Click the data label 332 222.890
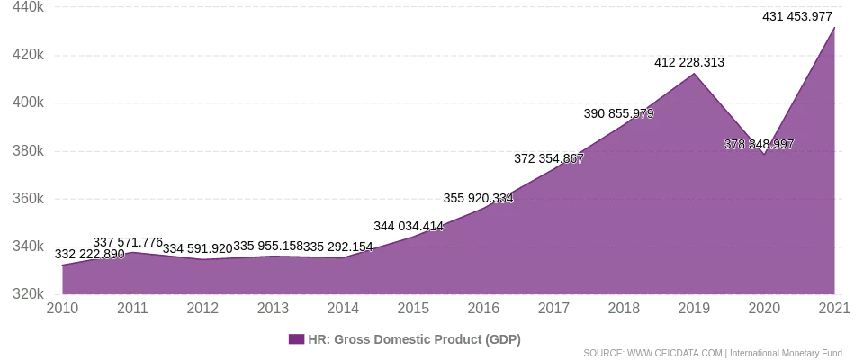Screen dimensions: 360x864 pyautogui.click(x=90, y=255)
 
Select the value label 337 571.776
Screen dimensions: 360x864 pyautogui.click(x=129, y=242)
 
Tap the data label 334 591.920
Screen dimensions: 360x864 pyautogui.click(x=198, y=249)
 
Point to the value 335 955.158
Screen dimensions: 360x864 pyautogui.click(x=268, y=246)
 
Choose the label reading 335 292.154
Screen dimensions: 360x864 pyautogui.click(x=338, y=246)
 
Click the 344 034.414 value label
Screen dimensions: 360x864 pyautogui.click(x=409, y=226)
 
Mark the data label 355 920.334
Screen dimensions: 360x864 pyautogui.click(x=478, y=198)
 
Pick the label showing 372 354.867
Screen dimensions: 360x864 pyautogui.click(x=549, y=159)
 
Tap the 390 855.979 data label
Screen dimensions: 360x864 pyautogui.click(x=619, y=114)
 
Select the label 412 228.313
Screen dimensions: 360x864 pyautogui.click(x=689, y=63)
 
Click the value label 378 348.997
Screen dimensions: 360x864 pyautogui.click(x=760, y=144)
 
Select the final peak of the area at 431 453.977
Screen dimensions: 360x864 pyautogui.click(x=833, y=29)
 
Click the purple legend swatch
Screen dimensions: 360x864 pyautogui.click(x=296, y=339)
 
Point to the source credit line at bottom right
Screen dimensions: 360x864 pyautogui.click(x=711, y=353)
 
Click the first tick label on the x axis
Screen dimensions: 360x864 pyautogui.click(x=62, y=308)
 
